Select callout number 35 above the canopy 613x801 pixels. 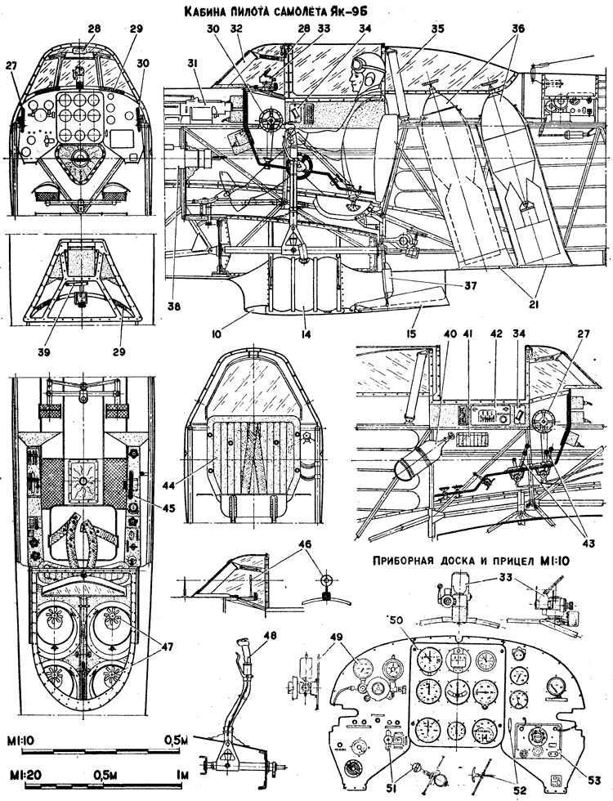click(437, 29)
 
